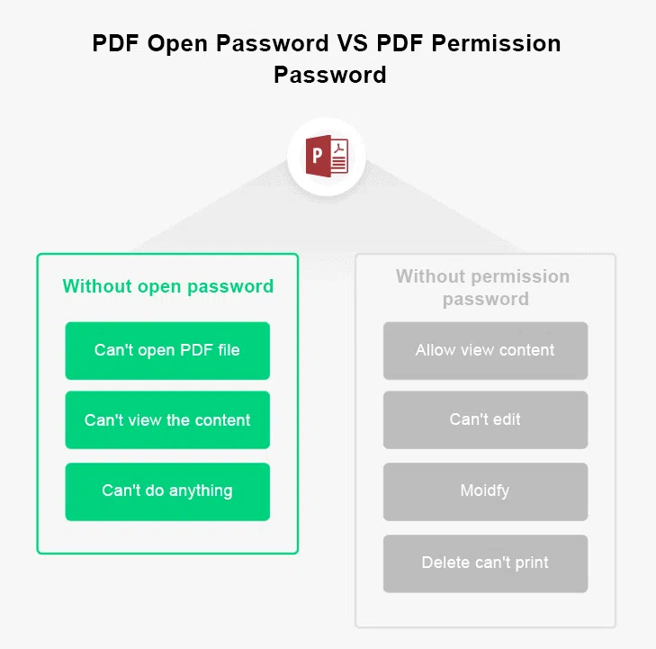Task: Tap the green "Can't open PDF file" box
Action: pos(167,350)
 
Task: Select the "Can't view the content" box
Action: pos(167,420)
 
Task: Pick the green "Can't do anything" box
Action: pos(167,491)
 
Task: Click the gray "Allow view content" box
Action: pos(485,350)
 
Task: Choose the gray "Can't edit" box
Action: pos(485,419)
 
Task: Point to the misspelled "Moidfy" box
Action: pos(485,491)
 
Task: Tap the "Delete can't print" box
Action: pos(485,563)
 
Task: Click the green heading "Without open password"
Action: pos(167,286)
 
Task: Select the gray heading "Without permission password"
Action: pos(483,287)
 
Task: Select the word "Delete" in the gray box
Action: pos(445,563)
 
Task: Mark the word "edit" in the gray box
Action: pos(507,419)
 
